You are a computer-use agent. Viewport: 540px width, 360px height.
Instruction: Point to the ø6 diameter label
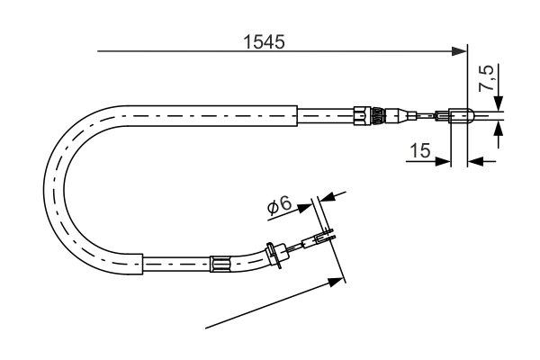pyautogui.click(x=280, y=205)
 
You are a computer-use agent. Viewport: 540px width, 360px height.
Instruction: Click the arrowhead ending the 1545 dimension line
pyautogui.click(x=461, y=52)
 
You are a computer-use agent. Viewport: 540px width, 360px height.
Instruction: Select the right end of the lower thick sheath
pyautogui.click(x=143, y=265)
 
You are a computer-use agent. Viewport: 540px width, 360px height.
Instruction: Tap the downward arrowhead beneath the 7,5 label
pyautogui.click(x=498, y=104)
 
